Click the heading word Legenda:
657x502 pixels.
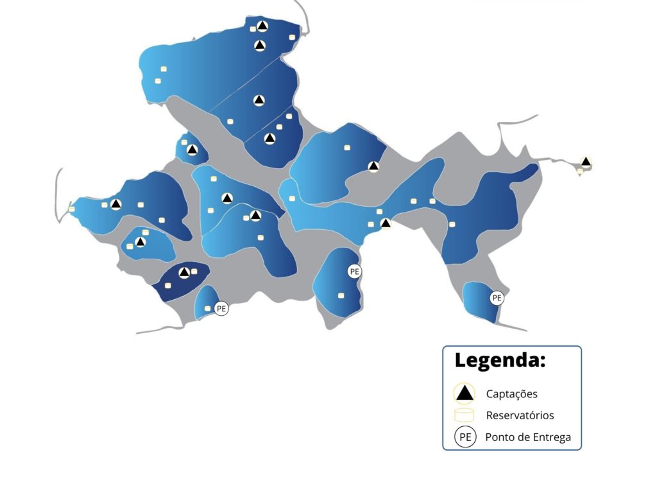pyautogui.click(x=500, y=360)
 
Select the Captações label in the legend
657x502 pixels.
pyautogui.click(x=511, y=394)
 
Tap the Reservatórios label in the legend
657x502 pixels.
pyautogui.click(x=520, y=415)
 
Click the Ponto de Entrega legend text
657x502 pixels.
pyautogui.click(x=528, y=438)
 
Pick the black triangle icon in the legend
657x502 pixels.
pyautogui.click(x=465, y=394)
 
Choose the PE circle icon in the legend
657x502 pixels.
pyautogui.click(x=465, y=438)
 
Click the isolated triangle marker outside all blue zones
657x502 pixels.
pyautogui.click(x=586, y=162)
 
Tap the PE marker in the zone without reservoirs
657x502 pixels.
pyautogui.click(x=497, y=298)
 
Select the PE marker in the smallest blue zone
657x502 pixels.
pyautogui.click(x=221, y=309)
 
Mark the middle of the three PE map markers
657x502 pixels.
pyautogui.click(x=354, y=272)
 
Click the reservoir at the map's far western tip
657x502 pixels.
pyautogui.click(x=71, y=209)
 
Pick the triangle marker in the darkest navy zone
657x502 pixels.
pyautogui.click(x=184, y=272)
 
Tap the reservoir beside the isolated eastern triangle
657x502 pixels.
pyautogui.click(x=580, y=171)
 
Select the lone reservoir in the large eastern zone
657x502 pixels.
pyautogui.click(x=452, y=224)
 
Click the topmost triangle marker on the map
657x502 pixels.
pyautogui.click(x=262, y=26)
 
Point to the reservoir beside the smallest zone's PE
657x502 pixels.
pyautogui.click(x=207, y=309)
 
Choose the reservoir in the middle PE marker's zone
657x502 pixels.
pyautogui.click(x=341, y=295)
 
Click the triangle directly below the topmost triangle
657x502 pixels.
pyautogui.click(x=260, y=46)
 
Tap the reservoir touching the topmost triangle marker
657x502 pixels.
pyautogui.click(x=253, y=29)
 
